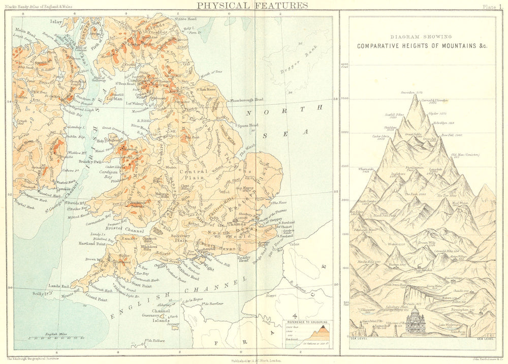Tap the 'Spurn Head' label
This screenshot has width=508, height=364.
coord(248,125)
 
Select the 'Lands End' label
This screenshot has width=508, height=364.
coord(59,286)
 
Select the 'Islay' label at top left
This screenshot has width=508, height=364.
coord(56,22)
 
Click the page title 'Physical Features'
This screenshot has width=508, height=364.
coord(252,6)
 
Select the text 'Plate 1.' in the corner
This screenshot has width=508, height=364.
coord(492,6)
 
